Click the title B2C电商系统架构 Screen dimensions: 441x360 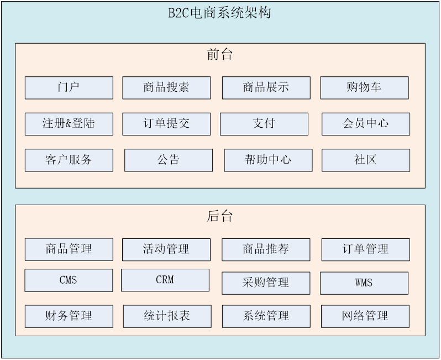[219, 13]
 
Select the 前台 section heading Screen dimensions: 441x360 [219, 54]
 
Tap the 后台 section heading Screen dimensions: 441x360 [219, 216]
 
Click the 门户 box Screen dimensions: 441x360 [69, 88]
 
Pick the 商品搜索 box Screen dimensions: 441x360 [166, 88]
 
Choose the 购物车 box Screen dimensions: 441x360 [365, 88]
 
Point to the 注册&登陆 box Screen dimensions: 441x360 [69, 124]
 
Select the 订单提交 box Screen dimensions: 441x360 [166, 124]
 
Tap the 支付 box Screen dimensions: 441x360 [264, 124]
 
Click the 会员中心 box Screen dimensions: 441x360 [366, 124]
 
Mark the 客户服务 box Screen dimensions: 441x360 [69, 160]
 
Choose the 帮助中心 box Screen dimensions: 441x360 [269, 160]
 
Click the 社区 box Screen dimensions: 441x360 [366, 160]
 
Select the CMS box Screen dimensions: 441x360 [69, 280]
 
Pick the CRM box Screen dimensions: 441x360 [165, 280]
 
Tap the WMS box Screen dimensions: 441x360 [364, 283]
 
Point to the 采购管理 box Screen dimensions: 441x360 [266, 283]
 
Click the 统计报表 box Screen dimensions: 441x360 [167, 316]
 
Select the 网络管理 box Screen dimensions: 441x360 [365, 316]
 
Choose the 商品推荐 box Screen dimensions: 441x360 [266, 249]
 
